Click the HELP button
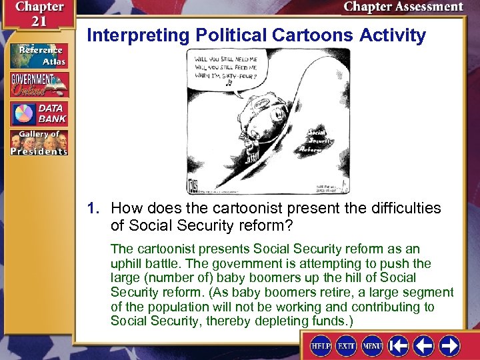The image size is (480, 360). tap(321, 347)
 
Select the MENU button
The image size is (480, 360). tap(372, 347)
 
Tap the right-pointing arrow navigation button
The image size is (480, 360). tap(449, 346)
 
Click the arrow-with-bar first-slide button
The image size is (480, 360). tap(399, 346)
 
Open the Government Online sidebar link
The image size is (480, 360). tap(39, 85)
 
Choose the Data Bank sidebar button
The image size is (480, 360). tap(39, 113)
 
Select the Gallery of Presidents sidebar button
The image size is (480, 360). tap(39, 143)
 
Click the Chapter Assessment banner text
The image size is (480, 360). tap(403, 7)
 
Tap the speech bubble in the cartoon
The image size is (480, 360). tap(227, 65)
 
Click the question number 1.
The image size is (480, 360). tap(93, 208)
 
